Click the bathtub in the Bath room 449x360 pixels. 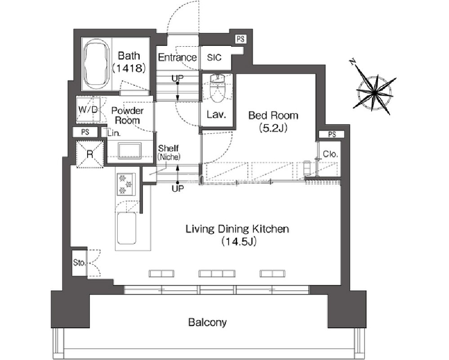pyautogui.click(x=96, y=65)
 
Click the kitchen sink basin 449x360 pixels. pyautogui.click(x=126, y=228)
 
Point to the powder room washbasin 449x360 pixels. pyautogui.click(x=130, y=150)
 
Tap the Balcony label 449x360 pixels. pyautogui.click(x=207, y=322)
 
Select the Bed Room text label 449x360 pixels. pyautogui.click(x=273, y=116)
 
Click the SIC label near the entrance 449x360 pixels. pyautogui.click(x=214, y=57)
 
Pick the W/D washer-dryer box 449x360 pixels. pyautogui.click(x=88, y=109)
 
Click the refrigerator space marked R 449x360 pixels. pyautogui.click(x=90, y=154)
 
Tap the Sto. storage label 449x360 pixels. pyautogui.click(x=79, y=262)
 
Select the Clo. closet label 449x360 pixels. pyautogui.click(x=330, y=154)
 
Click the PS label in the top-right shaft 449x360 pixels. pyautogui.click(x=240, y=39)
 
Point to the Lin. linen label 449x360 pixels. pyautogui.click(x=114, y=133)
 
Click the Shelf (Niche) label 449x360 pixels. pyautogui.click(x=169, y=152)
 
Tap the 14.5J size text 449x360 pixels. pyautogui.click(x=239, y=242)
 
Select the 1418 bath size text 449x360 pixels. pyautogui.click(x=129, y=68)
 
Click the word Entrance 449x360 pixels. pyautogui.click(x=177, y=57)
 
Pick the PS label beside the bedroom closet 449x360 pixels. pyautogui.click(x=332, y=134)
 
